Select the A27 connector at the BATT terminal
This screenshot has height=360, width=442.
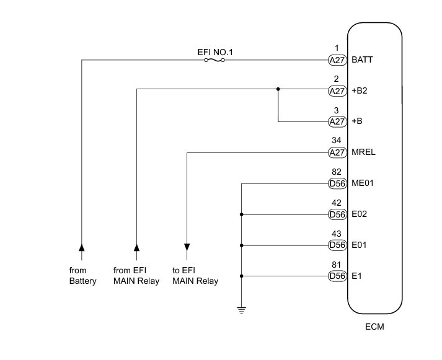point(337,60)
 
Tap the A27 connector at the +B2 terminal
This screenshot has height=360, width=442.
point(337,90)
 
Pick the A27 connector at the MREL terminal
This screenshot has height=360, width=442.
point(337,152)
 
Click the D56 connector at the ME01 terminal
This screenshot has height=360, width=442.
point(337,183)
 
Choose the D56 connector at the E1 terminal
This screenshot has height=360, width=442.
point(337,276)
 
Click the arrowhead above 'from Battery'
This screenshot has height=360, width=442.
point(81,248)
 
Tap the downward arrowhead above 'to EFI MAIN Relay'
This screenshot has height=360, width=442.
point(187,248)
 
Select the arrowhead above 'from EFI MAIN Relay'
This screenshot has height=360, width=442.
point(136,248)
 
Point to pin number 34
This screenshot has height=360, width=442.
point(337,140)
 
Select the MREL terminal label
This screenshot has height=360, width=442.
point(364,152)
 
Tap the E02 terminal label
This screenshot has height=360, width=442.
point(360,214)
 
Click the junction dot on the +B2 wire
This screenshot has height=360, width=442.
point(278,89)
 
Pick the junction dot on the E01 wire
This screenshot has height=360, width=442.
point(241,245)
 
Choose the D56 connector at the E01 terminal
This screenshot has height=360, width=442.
point(337,245)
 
